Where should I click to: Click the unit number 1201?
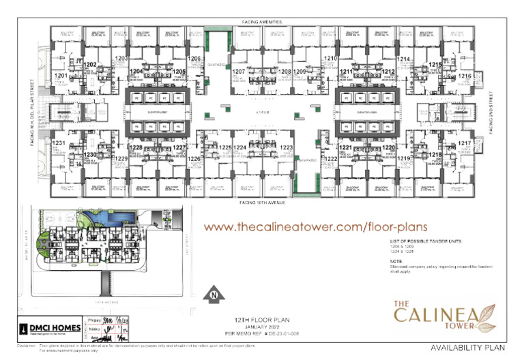[60, 75]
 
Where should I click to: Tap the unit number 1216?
[465, 76]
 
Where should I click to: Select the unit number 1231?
[59, 142]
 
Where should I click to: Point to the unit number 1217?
[465, 142]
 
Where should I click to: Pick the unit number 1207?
[239, 71]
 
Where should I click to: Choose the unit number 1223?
[286, 147]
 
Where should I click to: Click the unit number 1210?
[330, 59]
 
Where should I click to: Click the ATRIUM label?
[263, 112]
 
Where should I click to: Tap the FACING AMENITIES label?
[262, 22]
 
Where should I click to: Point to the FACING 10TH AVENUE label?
[262, 202]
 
